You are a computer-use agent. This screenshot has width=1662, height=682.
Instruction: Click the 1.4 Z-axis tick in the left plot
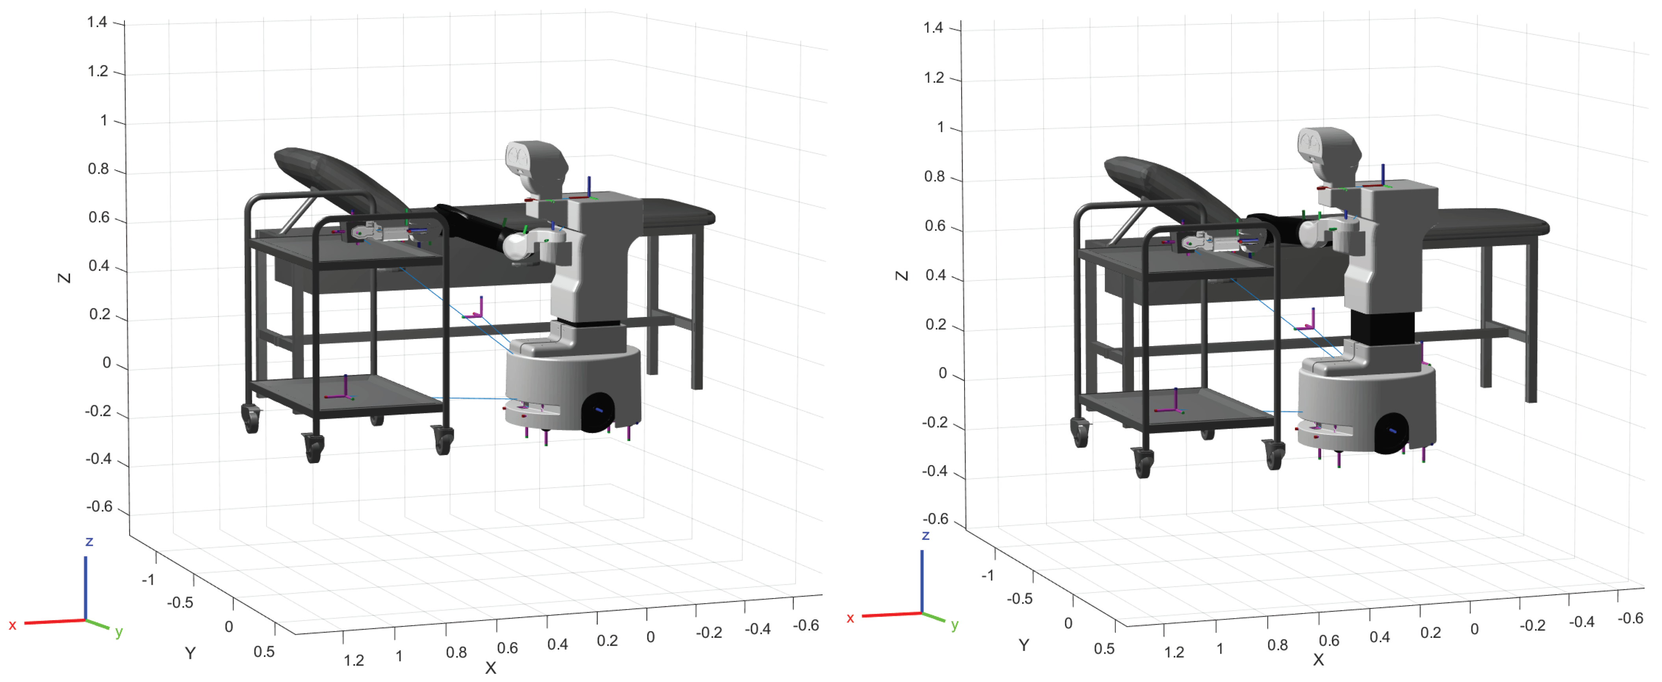(x=97, y=22)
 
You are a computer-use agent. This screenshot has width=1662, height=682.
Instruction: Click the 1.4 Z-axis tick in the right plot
(x=933, y=28)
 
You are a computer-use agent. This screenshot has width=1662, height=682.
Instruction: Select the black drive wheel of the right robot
(x=1392, y=433)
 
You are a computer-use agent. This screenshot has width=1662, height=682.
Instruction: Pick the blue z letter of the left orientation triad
(x=89, y=541)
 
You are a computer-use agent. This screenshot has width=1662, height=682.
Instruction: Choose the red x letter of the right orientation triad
(x=850, y=618)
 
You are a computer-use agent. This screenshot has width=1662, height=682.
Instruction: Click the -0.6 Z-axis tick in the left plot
(x=99, y=506)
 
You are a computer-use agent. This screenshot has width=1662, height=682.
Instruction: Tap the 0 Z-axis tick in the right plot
(x=942, y=373)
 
